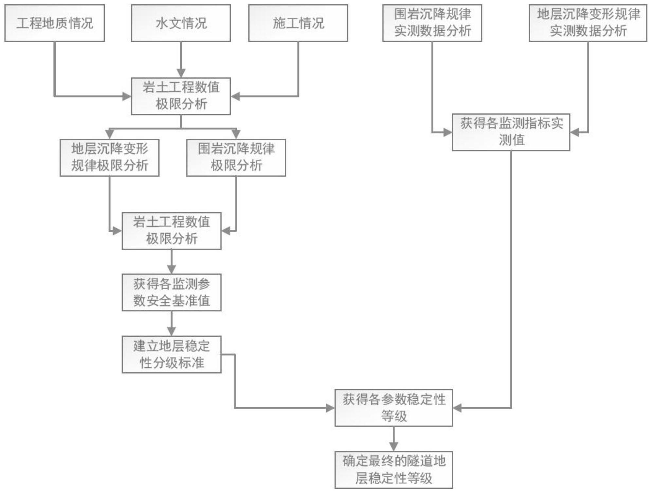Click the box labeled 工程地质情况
pos(55,23)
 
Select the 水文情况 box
pos(181,23)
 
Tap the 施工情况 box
pos(298,23)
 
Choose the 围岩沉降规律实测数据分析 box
pos(432,23)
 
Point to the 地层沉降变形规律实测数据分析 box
pos(588,23)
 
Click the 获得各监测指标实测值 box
pos(511,132)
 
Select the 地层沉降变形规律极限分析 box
pos(110,158)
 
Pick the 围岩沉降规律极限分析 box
pos(236,158)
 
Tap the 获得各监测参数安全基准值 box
pos(172,292)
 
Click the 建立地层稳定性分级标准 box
pos(172,354)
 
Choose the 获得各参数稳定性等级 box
pos(394,408)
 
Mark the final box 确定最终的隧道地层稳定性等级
pos(394,470)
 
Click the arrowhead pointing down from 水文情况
pos(181,73)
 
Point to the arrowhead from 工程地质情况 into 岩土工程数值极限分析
pos(127,96)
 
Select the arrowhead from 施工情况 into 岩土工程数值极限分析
pos(235,96)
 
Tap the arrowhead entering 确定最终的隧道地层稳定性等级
pos(394,447)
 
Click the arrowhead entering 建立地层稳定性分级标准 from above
pos(172,331)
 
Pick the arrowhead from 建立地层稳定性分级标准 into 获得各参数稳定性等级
pos(330,408)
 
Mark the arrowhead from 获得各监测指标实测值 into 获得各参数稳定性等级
pos(458,408)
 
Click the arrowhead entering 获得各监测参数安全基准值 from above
pos(172,270)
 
